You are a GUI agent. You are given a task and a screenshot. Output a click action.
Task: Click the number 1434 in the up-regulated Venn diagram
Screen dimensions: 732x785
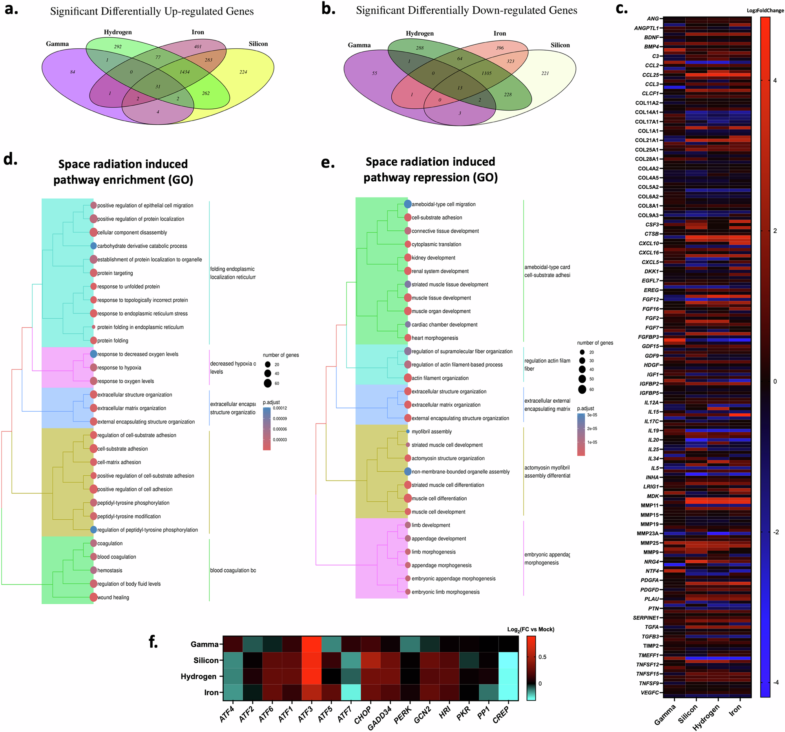coord(184,72)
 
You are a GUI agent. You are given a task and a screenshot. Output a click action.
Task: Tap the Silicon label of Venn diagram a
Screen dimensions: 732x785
coord(258,44)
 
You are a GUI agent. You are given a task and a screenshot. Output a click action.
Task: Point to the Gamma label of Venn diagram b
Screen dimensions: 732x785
coord(359,45)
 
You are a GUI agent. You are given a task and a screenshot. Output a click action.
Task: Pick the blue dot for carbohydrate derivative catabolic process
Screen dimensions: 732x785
coord(93,246)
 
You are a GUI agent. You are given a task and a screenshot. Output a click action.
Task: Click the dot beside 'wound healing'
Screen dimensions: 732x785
coord(93,597)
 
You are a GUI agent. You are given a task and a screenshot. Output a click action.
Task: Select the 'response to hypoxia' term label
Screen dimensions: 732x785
coord(119,368)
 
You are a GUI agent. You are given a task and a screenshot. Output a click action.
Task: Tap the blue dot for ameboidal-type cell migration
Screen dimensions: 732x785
coord(407,204)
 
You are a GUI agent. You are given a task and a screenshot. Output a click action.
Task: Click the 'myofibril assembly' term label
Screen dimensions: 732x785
coord(432,431)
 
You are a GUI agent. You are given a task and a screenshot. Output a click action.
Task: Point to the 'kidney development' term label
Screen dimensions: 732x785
coord(433,258)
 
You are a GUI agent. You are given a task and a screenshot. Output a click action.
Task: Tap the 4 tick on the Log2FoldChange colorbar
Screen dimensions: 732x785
coord(775,80)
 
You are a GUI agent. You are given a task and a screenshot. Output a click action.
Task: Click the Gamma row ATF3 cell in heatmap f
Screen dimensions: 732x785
coord(311,644)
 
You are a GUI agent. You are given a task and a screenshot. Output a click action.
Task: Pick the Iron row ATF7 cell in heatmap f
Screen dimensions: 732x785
coord(351,692)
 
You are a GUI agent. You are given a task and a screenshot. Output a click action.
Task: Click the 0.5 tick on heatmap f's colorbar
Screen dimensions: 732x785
coord(542,657)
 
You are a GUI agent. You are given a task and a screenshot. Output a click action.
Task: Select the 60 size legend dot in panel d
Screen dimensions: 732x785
coord(268,383)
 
